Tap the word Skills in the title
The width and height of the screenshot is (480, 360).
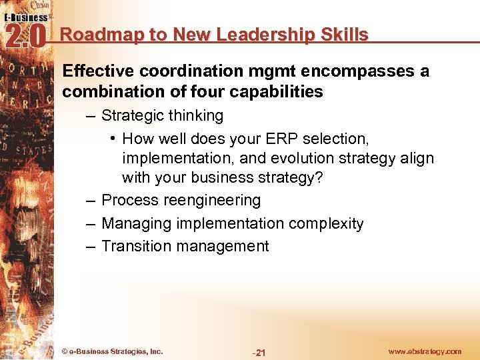point(344,35)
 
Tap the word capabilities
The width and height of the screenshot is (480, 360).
point(278,92)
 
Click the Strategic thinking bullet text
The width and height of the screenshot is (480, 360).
point(162,116)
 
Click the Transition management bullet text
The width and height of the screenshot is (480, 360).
point(185,247)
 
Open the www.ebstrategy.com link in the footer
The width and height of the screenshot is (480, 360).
point(425,351)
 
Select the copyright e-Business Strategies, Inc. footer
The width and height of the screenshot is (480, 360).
point(112,351)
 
